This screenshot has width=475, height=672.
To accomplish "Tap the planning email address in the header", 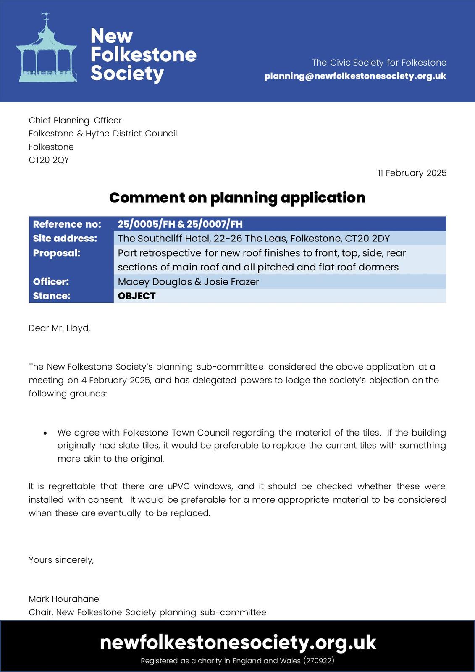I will point(355,76).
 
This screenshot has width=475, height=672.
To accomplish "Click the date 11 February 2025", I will point(412,173).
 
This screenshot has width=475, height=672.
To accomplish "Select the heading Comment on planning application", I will point(237,197).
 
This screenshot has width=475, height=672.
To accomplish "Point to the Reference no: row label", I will point(67,224).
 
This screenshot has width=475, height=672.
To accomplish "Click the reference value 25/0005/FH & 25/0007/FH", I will point(180,224).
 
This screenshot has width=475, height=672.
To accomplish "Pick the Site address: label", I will point(65,239).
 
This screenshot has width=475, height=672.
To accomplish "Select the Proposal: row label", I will point(56,253).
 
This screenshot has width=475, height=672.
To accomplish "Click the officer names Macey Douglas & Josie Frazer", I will point(188,281).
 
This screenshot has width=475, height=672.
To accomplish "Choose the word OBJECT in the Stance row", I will point(136,296).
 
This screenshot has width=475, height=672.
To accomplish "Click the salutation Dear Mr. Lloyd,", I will point(59,328).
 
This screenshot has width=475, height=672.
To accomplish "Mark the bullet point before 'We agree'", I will point(45,433).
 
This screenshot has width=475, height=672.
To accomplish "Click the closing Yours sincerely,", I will point(61,560).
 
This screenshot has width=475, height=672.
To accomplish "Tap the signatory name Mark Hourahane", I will point(64,599).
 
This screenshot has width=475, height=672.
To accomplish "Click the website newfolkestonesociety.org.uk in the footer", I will point(238,643).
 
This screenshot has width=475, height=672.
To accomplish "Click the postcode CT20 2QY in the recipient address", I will point(49,160).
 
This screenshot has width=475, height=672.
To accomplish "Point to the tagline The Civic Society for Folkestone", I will point(379,63).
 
